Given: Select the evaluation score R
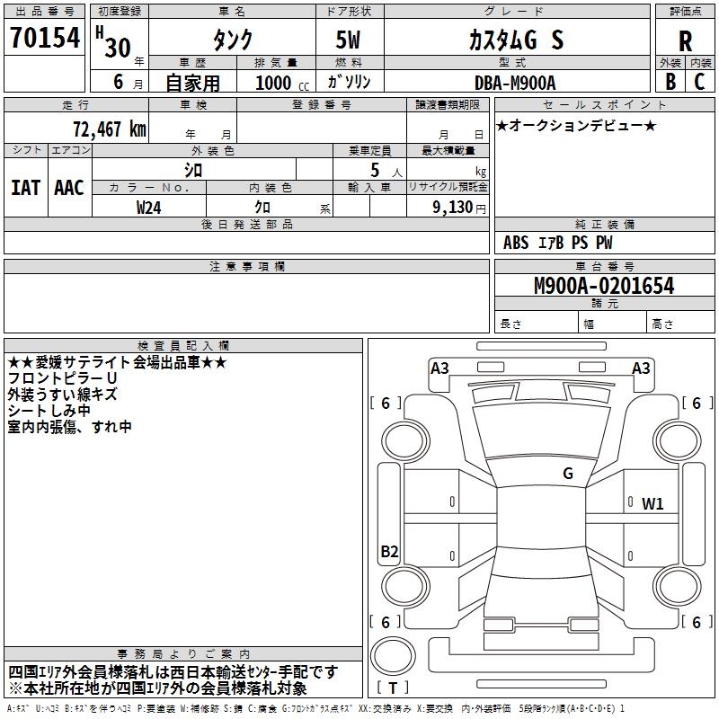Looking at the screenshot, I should tap(685, 40).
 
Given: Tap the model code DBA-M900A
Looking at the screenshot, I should tap(515, 82).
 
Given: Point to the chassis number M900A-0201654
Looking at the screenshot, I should tap(604, 286).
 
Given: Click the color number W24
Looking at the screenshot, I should tap(149, 208).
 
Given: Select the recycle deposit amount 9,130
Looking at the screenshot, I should tap(446, 208).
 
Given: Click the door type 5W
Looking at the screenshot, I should tap(350, 40).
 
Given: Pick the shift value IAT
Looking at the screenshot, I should tap(25, 188).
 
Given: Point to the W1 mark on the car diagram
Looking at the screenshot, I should tap(652, 504).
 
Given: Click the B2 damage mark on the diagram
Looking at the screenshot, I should tap(389, 552).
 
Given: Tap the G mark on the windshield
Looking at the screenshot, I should tap(568, 474).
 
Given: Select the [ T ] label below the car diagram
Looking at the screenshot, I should tap(393, 688).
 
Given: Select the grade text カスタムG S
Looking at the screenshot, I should tap(517, 40).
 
